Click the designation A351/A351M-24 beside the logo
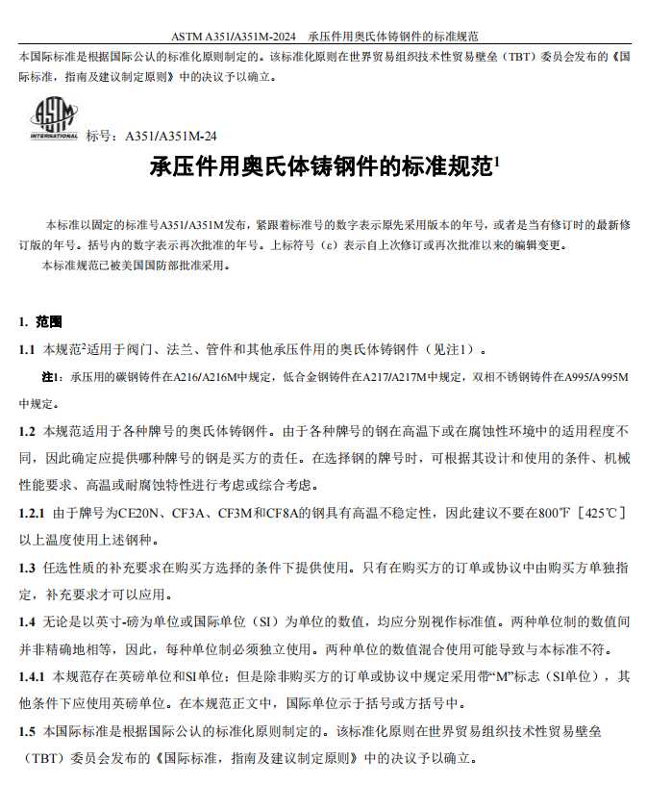tap(164, 137)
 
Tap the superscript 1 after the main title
tap(496, 163)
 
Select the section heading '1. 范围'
tap(39, 320)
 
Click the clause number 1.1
tap(27, 348)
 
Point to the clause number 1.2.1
tap(33, 513)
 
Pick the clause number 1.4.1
tap(33, 676)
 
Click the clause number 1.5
tap(27, 731)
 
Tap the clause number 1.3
tap(27, 568)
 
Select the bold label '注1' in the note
tap(51, 376)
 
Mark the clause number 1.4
tap(27, 621)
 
